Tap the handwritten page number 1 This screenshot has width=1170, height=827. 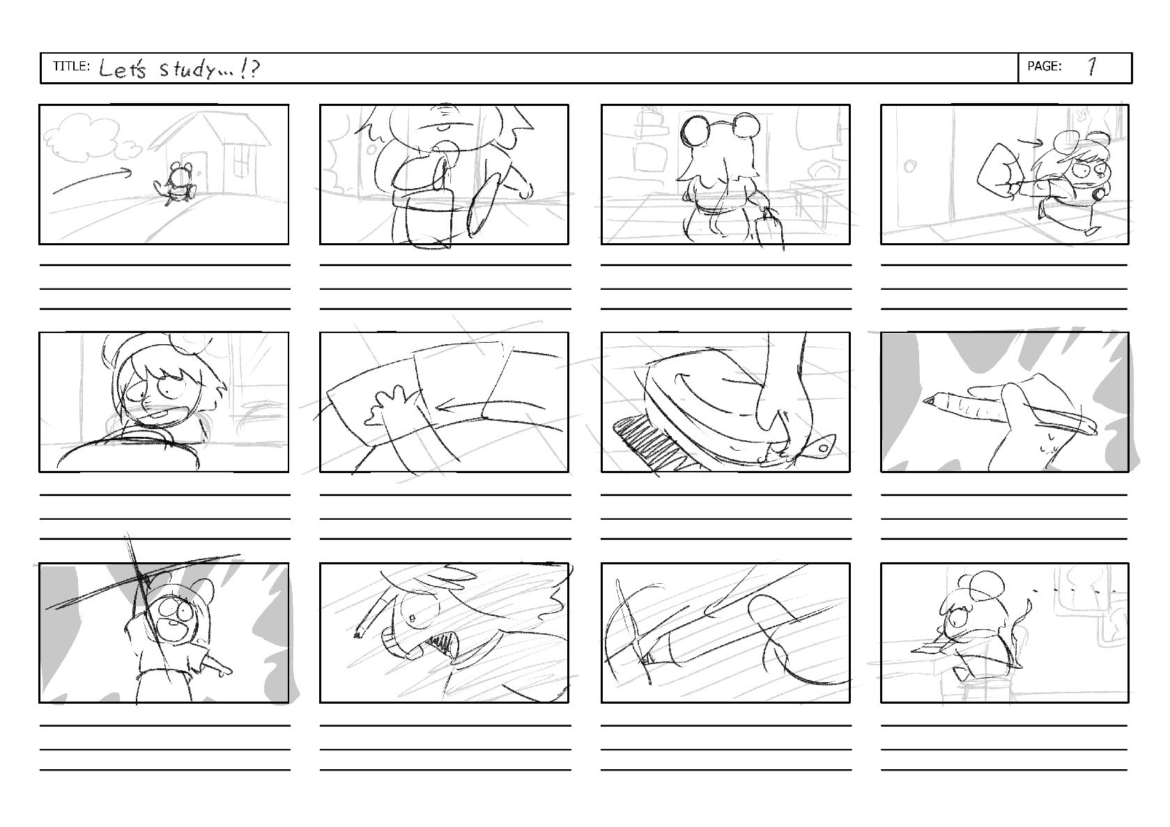[1092, 66]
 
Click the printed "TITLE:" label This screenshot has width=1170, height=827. [71, 66]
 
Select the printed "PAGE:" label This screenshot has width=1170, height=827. [1044, 66]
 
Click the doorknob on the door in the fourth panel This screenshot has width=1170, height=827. [910, 166]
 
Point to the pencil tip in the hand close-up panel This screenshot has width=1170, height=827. [929, 401]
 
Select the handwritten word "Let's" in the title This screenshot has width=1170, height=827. [122, 69]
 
